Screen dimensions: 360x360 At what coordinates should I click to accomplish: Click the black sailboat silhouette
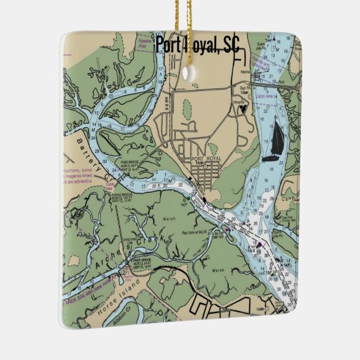276,143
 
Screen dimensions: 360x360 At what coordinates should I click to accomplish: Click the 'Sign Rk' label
245,87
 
